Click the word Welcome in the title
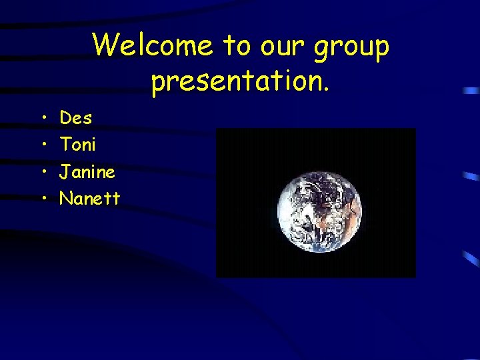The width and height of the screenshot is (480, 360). [x=153, y=46]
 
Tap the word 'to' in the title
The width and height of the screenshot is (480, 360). [x=235, y=46]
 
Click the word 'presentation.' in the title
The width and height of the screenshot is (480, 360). [x=240, y=81]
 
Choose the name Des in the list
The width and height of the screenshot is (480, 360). [x=76, y=118]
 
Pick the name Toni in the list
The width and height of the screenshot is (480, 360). [x=78, y=144]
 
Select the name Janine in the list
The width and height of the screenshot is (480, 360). [x=87, y=172]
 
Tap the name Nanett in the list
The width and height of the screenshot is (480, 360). [x=90, y=198]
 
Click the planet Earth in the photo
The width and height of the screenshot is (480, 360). [x=319, y=205]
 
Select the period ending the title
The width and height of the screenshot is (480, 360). [x=326, y=88]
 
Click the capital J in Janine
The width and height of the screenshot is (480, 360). [x=65, y=172]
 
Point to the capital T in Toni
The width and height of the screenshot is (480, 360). [x=65, y=144]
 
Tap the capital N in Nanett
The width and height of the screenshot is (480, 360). [x=66, y=198]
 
